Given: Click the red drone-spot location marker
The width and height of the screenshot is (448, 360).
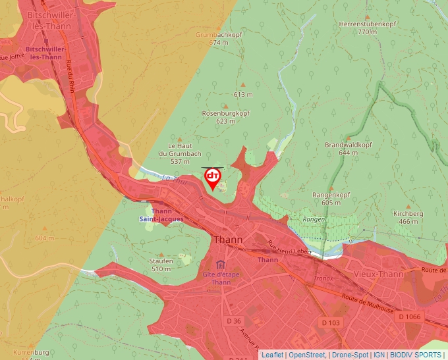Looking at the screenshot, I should (x=212, y=178).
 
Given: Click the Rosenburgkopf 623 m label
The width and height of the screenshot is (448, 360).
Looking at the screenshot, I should (x=225, y=117).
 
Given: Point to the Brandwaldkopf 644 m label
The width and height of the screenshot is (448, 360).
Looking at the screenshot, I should (x=348, y=148).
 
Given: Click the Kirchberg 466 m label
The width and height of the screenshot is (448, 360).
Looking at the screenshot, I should (x=408, y=218).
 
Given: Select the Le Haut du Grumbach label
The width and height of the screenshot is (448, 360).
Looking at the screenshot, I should (x=180, y=153).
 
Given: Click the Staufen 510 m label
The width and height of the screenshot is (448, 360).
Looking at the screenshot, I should (x=161, y=265).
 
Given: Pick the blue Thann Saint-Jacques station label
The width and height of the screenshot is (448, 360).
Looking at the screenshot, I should (x=161, y=215).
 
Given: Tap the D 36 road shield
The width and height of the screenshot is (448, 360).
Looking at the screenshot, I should (x=235, y=321).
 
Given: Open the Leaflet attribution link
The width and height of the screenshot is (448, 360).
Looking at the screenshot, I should (x=272, y=355).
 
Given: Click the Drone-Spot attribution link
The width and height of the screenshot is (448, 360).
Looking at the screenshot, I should (x=350, y=355).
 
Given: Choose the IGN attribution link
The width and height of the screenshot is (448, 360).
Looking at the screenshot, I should (x=379, y=355).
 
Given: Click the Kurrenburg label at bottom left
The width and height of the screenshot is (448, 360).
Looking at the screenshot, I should (x=31, y=353).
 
